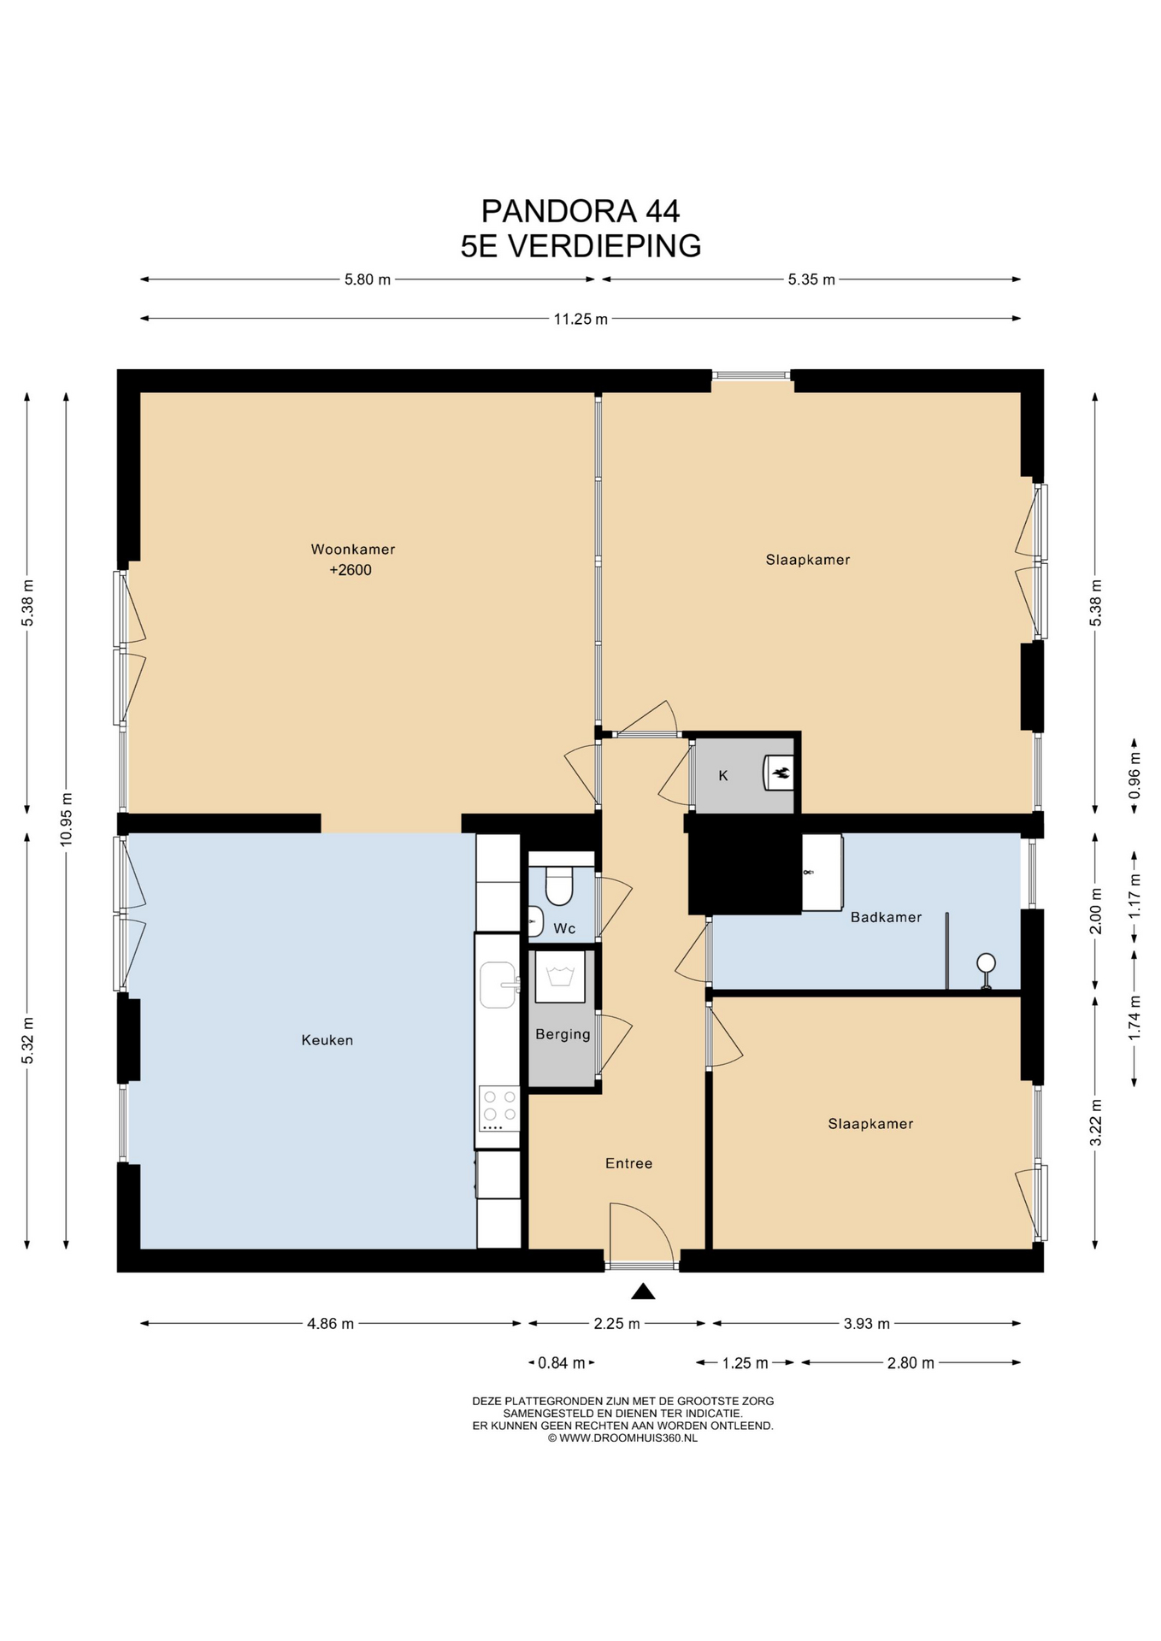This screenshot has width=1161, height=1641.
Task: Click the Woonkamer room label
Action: click(x=352, y=549)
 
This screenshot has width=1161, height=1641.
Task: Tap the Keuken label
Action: click(x=327, y=1040)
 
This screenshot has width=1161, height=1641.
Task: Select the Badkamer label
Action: click(x=886, y=917)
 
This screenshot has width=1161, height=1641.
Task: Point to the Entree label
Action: click(x=628, y=1163)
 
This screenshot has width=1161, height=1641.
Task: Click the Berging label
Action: click(x=563, y=1034)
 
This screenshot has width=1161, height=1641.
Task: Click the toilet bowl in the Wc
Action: click(x=559, y=885)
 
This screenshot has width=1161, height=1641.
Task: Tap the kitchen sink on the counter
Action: click(x=499, y=985)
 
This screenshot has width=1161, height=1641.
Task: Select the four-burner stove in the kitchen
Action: click(x=499, y=1109)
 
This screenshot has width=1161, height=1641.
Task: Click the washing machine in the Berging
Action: click(x=560, y=976)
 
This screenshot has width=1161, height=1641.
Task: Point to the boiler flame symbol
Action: click(x=781, y=773)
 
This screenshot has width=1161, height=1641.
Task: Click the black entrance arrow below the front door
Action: click(x=643, y=1291)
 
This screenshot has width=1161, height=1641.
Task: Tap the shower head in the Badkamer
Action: click(x=987, y=963)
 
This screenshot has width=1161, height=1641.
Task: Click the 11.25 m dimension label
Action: click(x=580, y=319)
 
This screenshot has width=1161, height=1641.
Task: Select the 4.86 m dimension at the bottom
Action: click(x=330, y=1324)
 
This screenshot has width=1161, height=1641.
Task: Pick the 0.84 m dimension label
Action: click(x=562, y=1363)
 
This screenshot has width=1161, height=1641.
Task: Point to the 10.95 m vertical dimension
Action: click(x=66, y=820)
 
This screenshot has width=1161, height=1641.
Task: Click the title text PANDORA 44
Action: click(x=580, y=210)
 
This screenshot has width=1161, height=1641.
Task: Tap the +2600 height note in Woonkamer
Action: click(x=351, y=570)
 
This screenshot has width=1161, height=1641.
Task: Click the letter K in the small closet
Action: click(x=723, y=776)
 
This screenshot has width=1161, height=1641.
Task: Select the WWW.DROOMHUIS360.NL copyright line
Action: click(x=622, y=1438)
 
